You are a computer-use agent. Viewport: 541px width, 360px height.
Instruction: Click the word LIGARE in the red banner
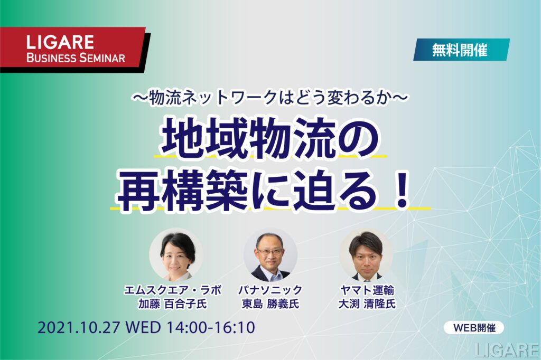tap(60, 42)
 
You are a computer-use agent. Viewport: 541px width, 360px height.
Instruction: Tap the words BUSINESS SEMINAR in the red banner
tap(76, 58)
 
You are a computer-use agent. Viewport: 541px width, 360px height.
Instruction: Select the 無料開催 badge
tap(461, 50)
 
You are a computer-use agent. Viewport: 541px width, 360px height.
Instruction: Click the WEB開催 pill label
tap(474, 328)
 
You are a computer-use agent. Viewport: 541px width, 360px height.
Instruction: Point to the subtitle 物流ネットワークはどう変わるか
tap(270, 98)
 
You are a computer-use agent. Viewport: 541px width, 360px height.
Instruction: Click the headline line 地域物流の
tap(270, 137)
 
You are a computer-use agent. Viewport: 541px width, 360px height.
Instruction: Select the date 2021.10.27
tap(78, 327)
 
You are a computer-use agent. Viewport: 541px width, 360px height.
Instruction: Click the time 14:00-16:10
tap(211, 327)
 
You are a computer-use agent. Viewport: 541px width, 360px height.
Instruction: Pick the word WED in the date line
tap(142, 327)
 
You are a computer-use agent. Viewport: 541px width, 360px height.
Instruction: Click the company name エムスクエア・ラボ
tap(173, 290)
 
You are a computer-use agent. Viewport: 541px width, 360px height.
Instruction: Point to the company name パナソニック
tap(270, 290)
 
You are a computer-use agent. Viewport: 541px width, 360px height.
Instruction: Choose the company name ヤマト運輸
tap(367, 290)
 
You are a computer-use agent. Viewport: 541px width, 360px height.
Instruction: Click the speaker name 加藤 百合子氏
tap(173, 304)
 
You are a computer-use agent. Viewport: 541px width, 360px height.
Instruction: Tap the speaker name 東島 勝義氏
tap(270, 304)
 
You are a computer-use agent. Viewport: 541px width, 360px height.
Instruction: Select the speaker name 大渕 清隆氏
tap(367, 304)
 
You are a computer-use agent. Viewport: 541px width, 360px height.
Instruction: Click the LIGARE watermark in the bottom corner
tap(507, 350)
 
